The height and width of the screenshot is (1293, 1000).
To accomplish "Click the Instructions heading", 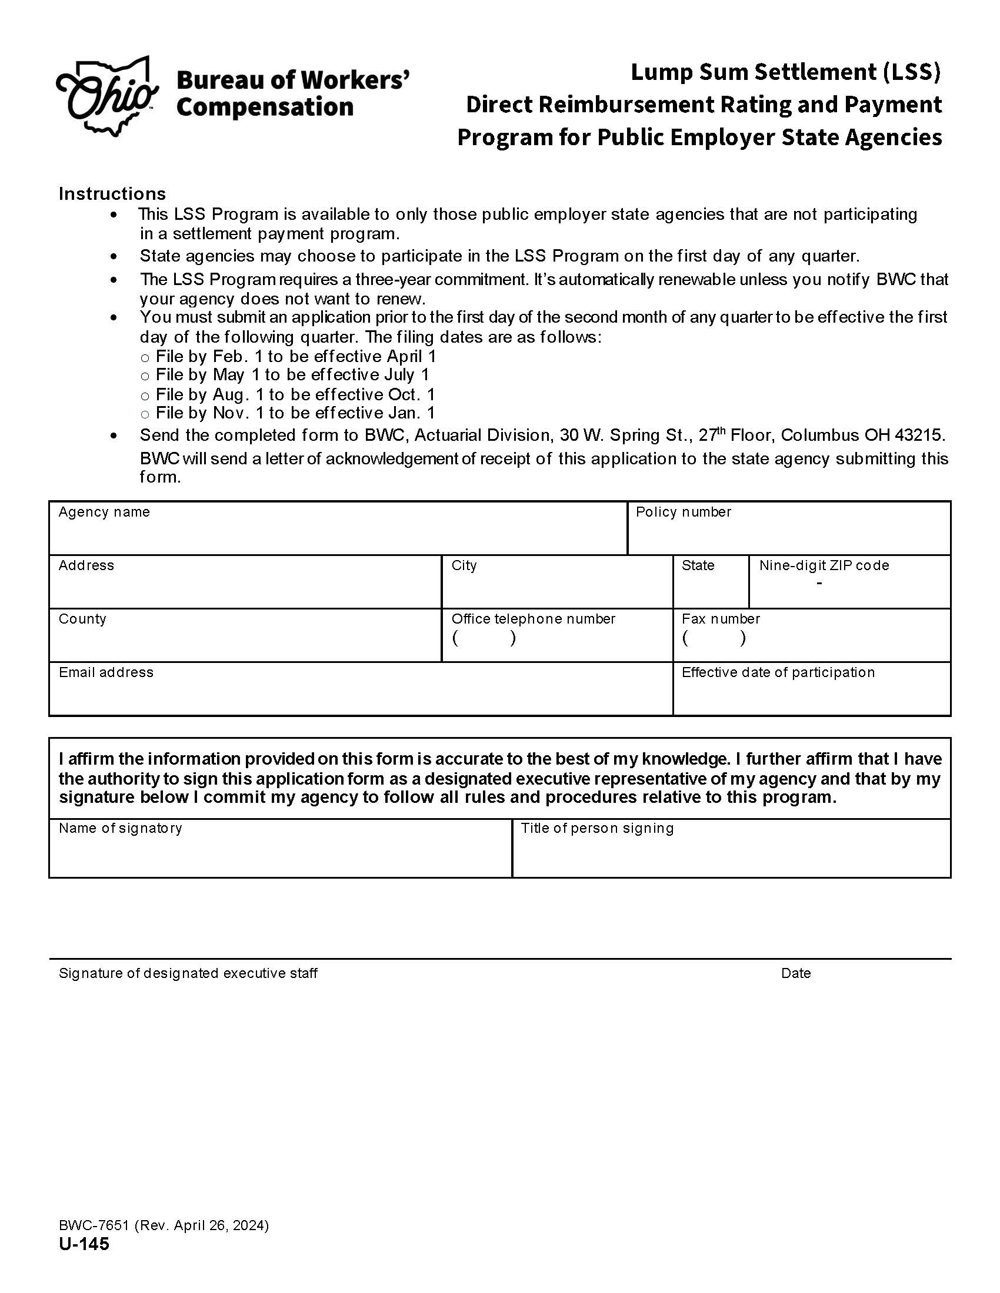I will pyautogui.click(x=112, y=193).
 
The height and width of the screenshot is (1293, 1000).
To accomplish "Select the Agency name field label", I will pyautogui.click(x=104, y=512).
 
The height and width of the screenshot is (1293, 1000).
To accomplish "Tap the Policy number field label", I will pyautogui.click(x=683, y=512).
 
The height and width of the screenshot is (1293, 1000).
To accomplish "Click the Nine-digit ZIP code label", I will pyautogui.click(x=824, y=565).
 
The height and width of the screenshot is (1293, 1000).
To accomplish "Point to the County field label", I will pyautogui.click(x=82, y=619).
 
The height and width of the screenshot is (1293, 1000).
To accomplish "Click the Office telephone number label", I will pyautogui.click(x=533, y=619).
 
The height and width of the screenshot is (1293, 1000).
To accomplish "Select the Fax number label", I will pyautogui.click(x=721, y=619).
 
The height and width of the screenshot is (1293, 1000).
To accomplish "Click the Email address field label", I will pyautogui.click(x=106, y=672).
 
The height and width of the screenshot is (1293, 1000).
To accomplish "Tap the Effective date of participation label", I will pyautogui.click(x=778, y=672).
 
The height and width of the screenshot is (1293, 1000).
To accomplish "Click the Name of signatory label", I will pyautogui.click(x=120, y=828).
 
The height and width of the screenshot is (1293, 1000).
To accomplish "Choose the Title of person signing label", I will pyautogui.click(x=597, y=828).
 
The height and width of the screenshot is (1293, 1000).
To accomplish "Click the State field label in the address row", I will pyautogui.click(x=698, y=565).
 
